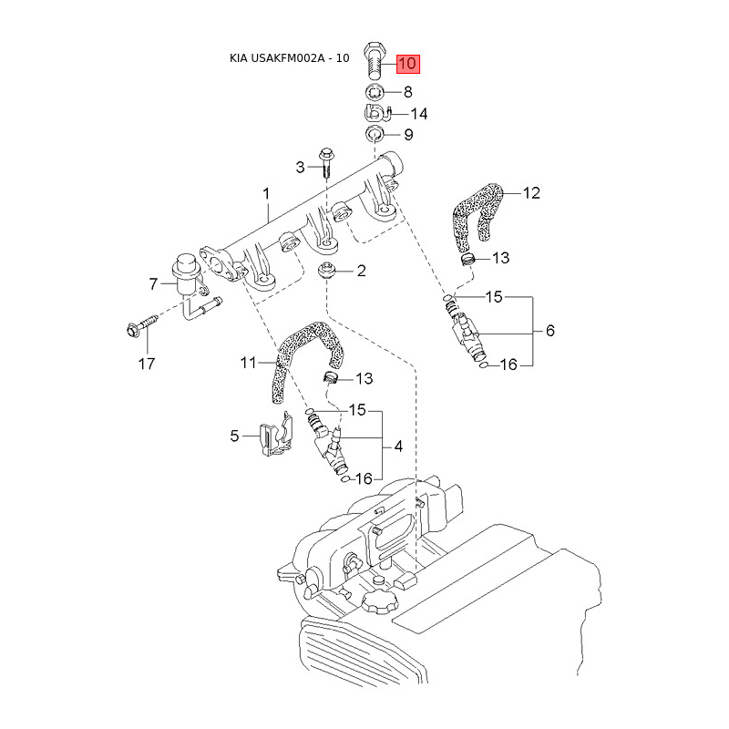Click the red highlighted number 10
[407, 64]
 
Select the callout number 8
[407, 92]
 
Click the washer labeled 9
[374, 134]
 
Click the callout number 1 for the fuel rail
[266, 194]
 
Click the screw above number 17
[142, 325]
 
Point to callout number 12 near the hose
[531, 193]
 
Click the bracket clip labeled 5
[276, 434]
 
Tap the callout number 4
[398, 447]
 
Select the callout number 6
[550, 331]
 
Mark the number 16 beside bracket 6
[508, 364]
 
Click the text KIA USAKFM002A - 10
[289, 58]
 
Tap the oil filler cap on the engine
[380, 601]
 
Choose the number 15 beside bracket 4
[357, 410]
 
